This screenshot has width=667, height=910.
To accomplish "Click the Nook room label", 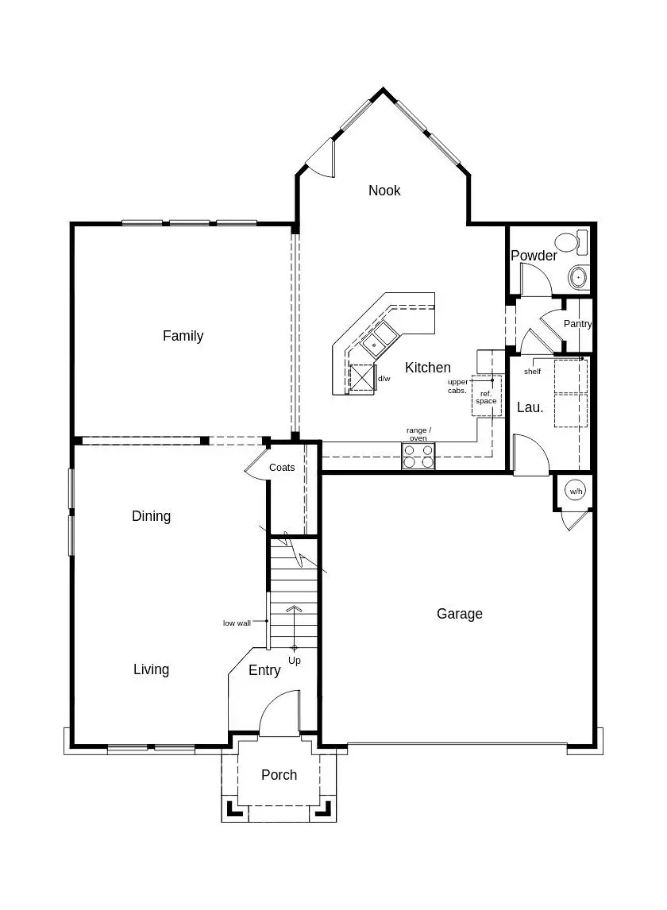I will tap(384, 191).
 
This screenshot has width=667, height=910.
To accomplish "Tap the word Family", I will tap(183, 336).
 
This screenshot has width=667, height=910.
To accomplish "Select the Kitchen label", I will tap(428, 368).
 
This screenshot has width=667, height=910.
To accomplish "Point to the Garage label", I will tap(459, 614).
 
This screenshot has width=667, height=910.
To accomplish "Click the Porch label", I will tap(279, 775).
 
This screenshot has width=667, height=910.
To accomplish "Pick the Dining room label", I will tap(151, 516).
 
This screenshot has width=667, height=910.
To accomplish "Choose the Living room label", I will tap(151, 669).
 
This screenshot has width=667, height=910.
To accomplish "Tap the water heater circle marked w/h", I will tap(575, 492).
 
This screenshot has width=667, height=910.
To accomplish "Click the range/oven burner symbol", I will tap(418, 456).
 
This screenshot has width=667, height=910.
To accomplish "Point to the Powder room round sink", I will tap(577, 277).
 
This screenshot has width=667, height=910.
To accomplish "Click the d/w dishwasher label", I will tap(384, 379).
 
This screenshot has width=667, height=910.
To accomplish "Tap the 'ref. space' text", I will tap(486, 397).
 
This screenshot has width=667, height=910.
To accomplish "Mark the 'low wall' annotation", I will tap(237, 623).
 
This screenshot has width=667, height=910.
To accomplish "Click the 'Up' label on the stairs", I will tap(295, 661).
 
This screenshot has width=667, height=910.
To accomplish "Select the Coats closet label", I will tap(282, 468).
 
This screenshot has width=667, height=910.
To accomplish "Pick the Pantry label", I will tap(577, 324).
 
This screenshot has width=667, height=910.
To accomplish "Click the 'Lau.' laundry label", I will tap(530, 407).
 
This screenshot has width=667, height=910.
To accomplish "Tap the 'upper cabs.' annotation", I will tap(457, 386).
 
